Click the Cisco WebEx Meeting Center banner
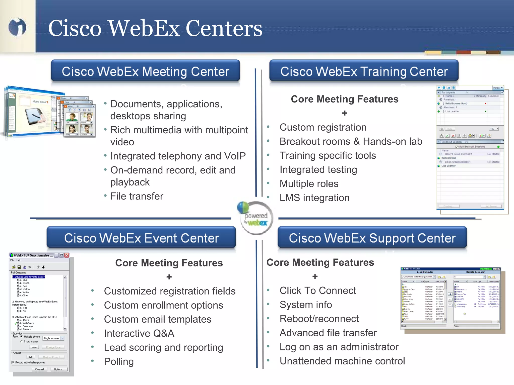pos(145,71)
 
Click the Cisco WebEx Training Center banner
pos(364,71)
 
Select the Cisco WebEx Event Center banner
pos(141,238)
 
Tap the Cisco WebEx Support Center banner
pos(372,238)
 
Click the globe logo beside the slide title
pos(17,27)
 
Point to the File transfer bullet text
pos(137,196)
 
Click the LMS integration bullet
pos(314,198)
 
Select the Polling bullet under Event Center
pos(119,362)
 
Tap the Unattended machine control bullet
pos(342,361)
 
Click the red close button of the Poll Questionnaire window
pos(67,255)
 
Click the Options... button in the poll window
pos(59,369)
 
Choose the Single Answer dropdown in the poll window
pos(53,338)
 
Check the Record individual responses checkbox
pos(13,362)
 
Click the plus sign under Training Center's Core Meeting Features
pos(345,113)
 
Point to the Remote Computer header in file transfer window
pos(475,272)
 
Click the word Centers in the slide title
pos(224,28)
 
